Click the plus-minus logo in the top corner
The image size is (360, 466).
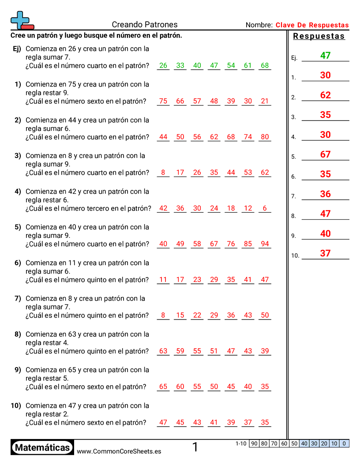21,21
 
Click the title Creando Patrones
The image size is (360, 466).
145,25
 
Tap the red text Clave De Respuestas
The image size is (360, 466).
312,25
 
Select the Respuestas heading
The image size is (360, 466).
319,36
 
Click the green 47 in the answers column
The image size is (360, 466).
325,56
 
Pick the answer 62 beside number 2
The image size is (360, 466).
325,95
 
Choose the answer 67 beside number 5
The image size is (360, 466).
325,154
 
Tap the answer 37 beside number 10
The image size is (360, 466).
325,253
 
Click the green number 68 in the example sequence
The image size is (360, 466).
265,65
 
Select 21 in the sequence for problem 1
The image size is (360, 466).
265,101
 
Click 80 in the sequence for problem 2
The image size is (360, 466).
265,137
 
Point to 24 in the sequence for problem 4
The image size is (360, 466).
214,208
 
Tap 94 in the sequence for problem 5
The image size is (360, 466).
265,244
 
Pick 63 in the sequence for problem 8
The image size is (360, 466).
163,351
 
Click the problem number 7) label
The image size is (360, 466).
18,298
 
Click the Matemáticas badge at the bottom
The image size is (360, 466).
42,447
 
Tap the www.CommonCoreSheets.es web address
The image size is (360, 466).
119,451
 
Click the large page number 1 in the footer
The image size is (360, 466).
195,447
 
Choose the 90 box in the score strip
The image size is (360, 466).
254,443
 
